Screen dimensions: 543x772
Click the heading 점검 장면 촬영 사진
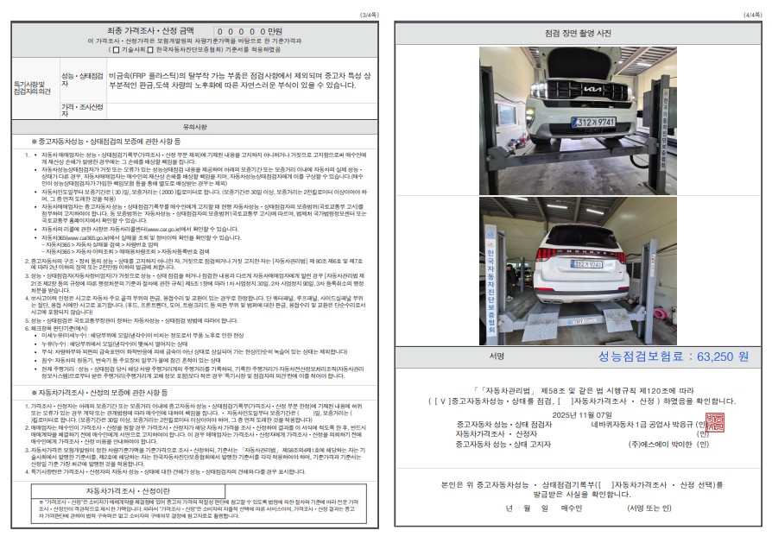pyautogui.click(x=578, y=33)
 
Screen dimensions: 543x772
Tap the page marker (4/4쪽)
pyautogui.click(x=751, y=15)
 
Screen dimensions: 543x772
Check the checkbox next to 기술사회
pyautogui.click(x=114, y=50)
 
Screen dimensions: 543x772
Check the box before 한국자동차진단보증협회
pyautogui.click(x=152, y=50)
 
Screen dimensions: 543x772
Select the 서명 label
pyautogui.click(x=496, y=356)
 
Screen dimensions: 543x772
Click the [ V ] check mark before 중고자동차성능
pyautogui.click(x=445, y=401)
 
